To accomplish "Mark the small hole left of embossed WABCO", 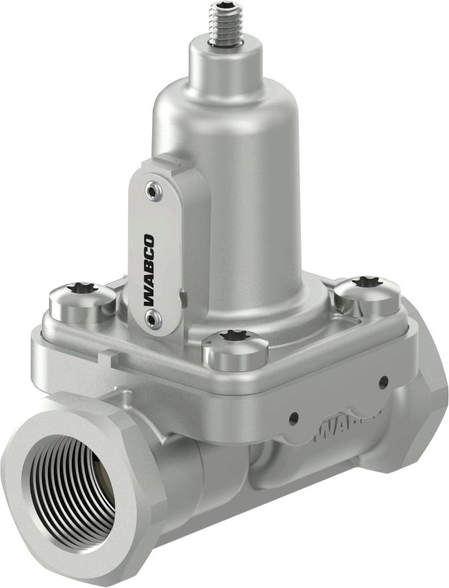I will click(x=294, y=419).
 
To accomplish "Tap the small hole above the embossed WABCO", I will click(x=383, y=382).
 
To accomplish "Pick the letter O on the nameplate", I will click(x=150, y=241).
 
